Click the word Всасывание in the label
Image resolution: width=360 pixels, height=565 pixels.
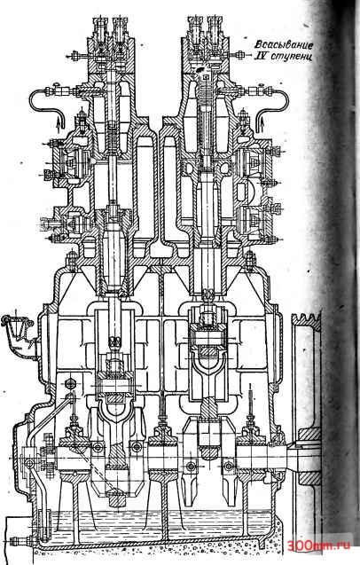[x=284, y=44]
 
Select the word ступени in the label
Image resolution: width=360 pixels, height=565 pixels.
[x=291, y=57]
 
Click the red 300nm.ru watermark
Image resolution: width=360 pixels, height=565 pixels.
[x=318, y=545]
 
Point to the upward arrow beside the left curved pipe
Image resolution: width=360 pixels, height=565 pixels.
[x=59, y=126]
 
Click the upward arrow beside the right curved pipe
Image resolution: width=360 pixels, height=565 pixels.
[x=262, y=123]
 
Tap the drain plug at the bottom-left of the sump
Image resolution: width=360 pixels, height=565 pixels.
[x=20, y=541]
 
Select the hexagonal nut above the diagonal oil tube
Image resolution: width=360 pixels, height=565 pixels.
[x=70, y=383]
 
